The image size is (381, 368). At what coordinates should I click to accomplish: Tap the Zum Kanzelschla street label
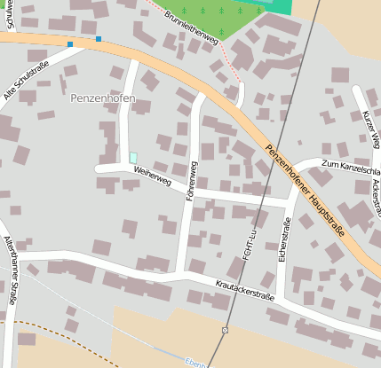[x=350, y=166]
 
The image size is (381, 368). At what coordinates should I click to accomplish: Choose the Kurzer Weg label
[x=370, y=128]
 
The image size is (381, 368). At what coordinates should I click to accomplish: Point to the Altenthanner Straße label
[x=11, y=270]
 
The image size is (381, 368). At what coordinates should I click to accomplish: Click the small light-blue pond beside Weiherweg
[x=133, y=157]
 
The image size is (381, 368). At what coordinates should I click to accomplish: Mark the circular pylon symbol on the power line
[x=226, y=330]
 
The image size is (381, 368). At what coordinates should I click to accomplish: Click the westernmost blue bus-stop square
[x=70, y=43]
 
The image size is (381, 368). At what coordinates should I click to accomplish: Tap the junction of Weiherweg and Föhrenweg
[x=188, y=188]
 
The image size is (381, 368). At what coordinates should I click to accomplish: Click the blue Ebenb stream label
[x=195, y=363]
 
